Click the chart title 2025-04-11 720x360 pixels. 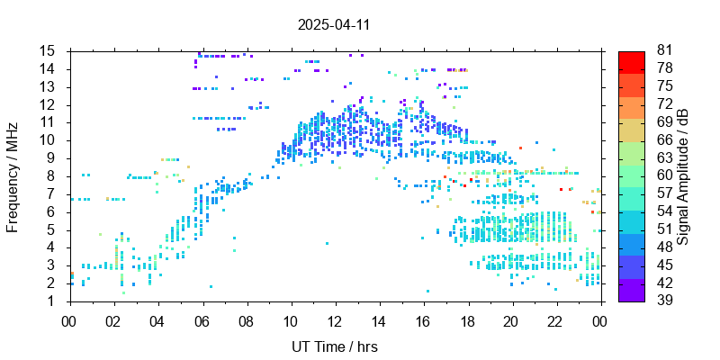pyautogui.click(x=334, y=24)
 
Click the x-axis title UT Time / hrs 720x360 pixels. pyautogui.click(x=334, y=346)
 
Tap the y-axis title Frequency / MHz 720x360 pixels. pyautogui.click(x=13, y=175)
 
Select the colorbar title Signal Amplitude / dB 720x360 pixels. pyautogui.click(x=684, y=175)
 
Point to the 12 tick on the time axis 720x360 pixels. pyautogui.click(x=335, y=319)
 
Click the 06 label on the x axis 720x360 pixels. pyautogui.click(x=202, y=319)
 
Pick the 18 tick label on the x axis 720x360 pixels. pyautogui.click(x=467, y=319)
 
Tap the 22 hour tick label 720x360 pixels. pyautogui.click(x=555, y=319)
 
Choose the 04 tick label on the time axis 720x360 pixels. pyautogui.click(x=157, y=319)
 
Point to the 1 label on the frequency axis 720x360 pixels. pyautogui.click(x=54, y=301)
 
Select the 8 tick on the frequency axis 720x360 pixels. pyautogui.click(x=54, y=175)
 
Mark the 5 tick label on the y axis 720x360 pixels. pyautogui.click(x=54, y=229)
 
